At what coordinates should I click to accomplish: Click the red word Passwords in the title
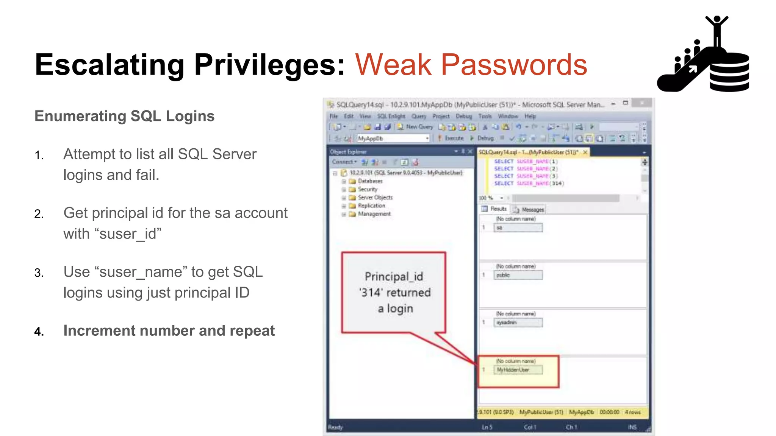click(514, 65)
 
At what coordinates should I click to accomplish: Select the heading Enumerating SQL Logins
click(124, 116)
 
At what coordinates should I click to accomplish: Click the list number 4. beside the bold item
click(39, 332)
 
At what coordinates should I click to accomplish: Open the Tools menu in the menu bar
click(485, 116)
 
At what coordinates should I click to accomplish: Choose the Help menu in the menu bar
click(530, 116)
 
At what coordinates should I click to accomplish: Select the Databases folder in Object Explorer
click(370, 181)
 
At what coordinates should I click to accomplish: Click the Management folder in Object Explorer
click(374, 214)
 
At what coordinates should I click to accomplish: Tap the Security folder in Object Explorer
click(367, 189)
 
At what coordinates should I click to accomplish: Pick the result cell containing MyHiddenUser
click(518, 370)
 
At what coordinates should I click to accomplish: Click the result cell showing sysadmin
click(518, 322)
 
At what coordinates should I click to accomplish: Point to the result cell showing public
click(518, 275)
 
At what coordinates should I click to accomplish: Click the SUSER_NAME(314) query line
click(529, 183)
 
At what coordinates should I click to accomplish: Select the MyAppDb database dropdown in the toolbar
click(393, 139)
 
